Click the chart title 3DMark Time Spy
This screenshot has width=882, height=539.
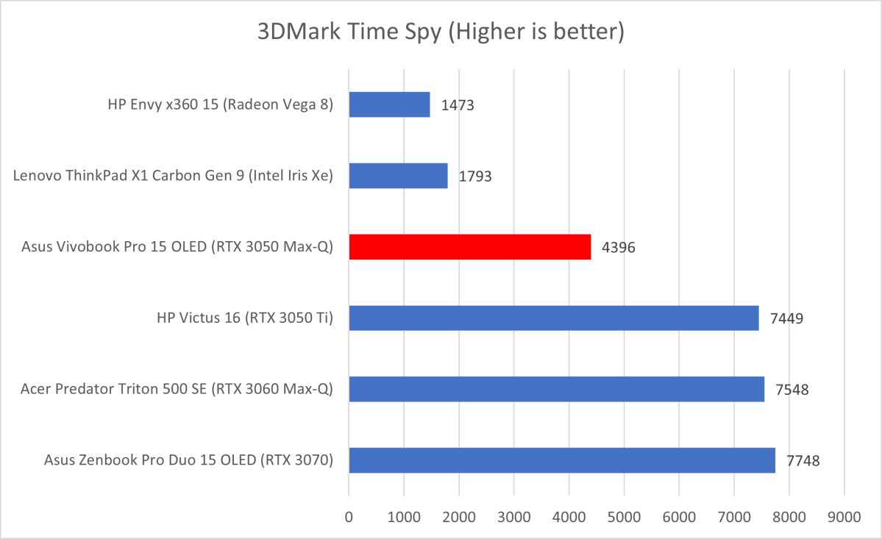pos(440,32)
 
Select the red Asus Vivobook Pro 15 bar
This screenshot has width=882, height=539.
pos(469,247)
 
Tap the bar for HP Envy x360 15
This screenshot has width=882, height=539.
pos(389,104)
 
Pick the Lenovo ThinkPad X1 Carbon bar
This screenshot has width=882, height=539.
pos(398,176)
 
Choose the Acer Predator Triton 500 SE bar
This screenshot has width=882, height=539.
pos(556,389)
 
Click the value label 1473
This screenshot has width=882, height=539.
pos(458,105)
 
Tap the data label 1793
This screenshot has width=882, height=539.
pos(475,176)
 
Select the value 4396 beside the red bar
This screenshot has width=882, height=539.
pos(619,248)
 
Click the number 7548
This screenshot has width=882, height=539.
pos(792,390)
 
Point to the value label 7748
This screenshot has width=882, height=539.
pos(803,461)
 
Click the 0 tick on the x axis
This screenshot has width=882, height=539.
pos(349,517)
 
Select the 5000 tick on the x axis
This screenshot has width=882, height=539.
pos(624,517)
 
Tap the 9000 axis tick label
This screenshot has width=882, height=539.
pos(844,517)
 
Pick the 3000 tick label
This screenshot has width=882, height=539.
pos(513,517)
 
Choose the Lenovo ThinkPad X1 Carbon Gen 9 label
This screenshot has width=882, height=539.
pos(174,176)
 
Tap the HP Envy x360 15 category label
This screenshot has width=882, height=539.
pos(219,105)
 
